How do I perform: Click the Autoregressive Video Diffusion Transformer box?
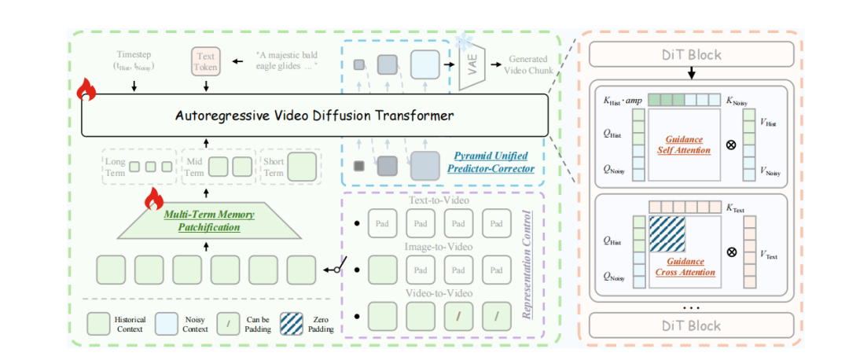(x=314, y=116)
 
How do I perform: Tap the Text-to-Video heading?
(x=439, y=201)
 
